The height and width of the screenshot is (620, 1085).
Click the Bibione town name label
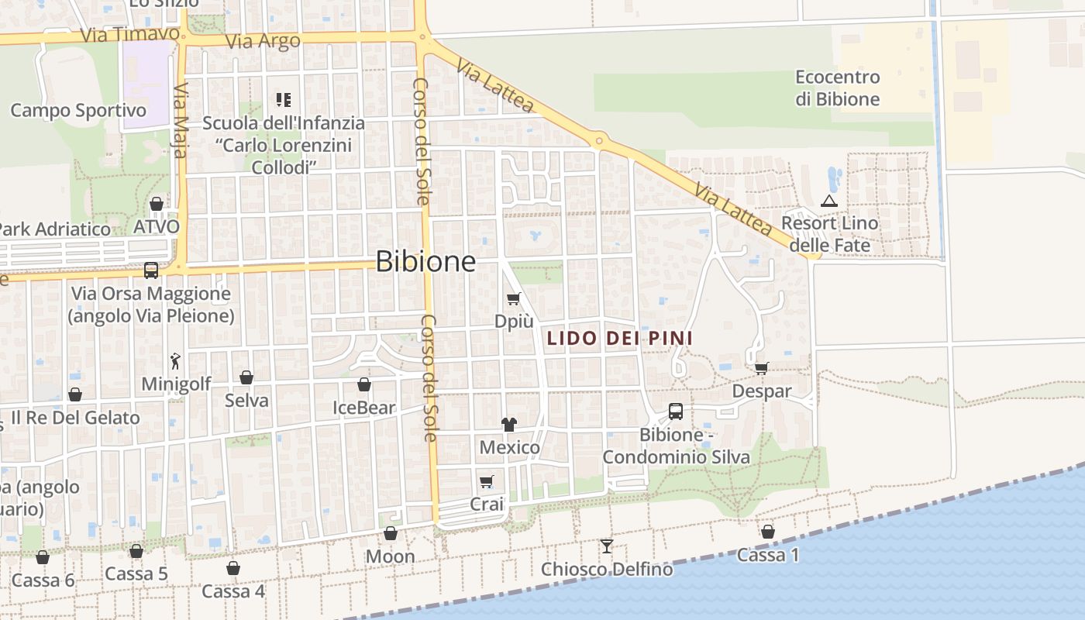425,262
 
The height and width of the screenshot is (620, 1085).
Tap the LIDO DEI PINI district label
619,338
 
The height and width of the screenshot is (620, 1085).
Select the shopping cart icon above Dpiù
513,298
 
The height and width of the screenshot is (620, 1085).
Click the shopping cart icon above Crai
487,482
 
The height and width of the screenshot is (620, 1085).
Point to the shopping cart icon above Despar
762,368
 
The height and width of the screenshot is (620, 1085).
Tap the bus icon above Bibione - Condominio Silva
676,412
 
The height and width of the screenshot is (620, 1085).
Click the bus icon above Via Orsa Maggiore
151,270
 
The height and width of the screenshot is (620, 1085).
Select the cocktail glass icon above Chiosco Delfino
606,546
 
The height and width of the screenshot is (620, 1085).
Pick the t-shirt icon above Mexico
509,424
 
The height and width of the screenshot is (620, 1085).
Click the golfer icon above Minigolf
176,361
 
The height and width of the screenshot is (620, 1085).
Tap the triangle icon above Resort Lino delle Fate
829,201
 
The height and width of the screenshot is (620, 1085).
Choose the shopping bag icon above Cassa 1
767,532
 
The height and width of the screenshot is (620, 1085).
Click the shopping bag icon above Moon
391,533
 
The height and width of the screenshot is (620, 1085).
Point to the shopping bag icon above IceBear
363,384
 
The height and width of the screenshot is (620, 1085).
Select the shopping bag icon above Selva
246,377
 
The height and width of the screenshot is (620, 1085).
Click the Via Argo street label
262,41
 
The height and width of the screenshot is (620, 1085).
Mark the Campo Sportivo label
77,110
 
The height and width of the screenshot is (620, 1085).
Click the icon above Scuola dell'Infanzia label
284,100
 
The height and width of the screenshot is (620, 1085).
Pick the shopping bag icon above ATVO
157,204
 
